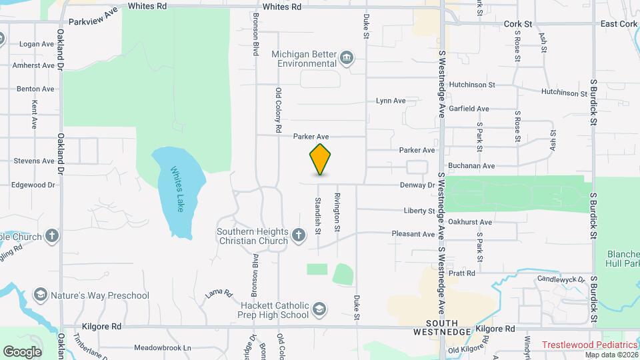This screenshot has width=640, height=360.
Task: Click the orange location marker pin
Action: coord(320,160)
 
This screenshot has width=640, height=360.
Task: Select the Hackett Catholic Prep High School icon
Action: coord(319,309)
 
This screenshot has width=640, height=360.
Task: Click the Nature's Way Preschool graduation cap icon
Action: coord(41,295)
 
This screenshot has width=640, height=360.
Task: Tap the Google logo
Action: coord(22,351)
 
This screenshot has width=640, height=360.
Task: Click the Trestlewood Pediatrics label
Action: coord(589,345)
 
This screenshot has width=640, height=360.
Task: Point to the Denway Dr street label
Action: coord(418,185)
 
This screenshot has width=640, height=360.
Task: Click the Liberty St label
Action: coord(419,211)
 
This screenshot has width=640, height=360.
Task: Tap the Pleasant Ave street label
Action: coord(413,234)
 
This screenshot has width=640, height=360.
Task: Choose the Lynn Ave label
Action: coord(391,101)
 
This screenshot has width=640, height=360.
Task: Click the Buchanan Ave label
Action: coord(470,165)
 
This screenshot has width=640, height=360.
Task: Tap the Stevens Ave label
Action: coord(34,161)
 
